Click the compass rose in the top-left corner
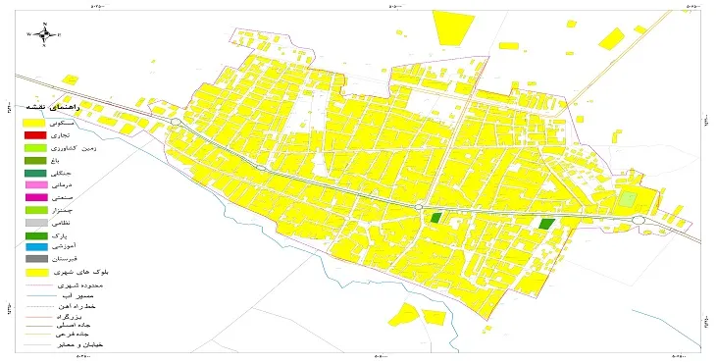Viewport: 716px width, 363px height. (45, 33)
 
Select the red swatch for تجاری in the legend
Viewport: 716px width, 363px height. (35, 133)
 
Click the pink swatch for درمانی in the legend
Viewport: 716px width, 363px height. (35, 184)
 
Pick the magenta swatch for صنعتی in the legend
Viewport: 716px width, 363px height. (35, 197)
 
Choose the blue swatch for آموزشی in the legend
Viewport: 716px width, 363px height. (35, 247)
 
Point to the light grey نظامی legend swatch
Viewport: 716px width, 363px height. (35, 223)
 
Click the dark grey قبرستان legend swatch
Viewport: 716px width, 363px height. (35, 259)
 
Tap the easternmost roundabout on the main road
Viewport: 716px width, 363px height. (643, 220)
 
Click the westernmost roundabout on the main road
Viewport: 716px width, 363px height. (174, 122)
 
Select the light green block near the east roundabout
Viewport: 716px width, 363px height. (625, 198)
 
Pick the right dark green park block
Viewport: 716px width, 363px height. (546, 224)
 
